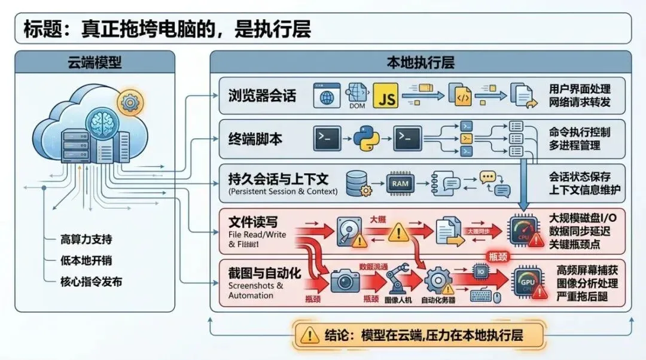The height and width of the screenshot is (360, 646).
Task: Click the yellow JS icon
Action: (386, 96)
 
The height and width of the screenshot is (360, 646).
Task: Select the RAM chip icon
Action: (400, 182)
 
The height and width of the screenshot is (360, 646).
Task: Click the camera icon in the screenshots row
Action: (344, 280)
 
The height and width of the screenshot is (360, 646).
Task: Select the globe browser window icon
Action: (327, 96)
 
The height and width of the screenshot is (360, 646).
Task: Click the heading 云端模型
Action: (95, 62)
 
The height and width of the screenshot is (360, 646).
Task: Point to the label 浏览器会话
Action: (262, 96)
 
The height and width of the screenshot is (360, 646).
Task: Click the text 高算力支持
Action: (86, 239)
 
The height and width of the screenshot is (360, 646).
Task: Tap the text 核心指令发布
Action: (91, 281)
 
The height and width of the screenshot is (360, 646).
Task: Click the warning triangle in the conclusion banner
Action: (310, 335)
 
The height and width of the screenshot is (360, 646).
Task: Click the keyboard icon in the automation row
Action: (482, 295)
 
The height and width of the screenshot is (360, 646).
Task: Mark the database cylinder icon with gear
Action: (357, 182)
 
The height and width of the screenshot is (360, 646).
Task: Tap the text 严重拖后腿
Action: (583, 297)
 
